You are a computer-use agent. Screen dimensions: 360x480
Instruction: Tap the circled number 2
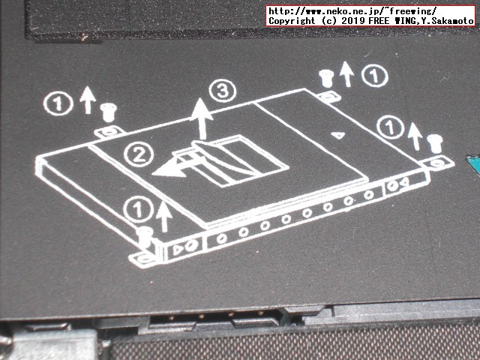[x=137, y=155]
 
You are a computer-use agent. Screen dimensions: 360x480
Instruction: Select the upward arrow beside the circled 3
[x=200, y=118]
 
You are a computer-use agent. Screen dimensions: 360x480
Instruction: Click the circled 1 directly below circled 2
[x=138, y=205]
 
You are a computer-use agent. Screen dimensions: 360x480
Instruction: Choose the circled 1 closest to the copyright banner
[x=374, y=75]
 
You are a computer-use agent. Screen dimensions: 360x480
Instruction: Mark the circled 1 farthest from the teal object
[x=57, y=102]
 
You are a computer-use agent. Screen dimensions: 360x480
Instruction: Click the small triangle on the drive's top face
[x=338, y=136]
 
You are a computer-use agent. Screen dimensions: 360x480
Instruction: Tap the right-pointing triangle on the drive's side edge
[x=178, y=247]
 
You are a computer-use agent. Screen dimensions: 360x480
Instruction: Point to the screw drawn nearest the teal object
[x=433, y=141]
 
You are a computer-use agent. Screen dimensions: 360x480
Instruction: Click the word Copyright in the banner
[x=292, y=22]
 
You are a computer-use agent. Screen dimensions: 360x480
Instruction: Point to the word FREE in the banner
[x=377, y=22]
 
